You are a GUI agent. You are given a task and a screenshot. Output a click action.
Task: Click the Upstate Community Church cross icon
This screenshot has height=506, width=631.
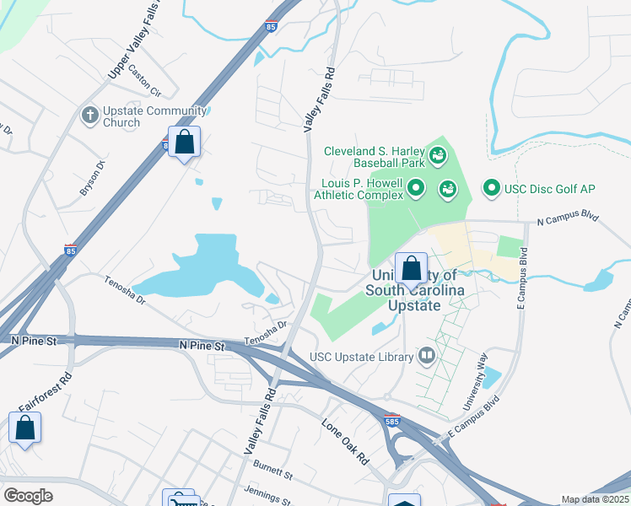(89, 114)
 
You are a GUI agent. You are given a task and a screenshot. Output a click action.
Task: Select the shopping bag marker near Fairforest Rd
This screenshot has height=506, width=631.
(25, 428)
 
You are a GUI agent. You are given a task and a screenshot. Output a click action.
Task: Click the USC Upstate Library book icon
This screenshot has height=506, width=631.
(426, 357)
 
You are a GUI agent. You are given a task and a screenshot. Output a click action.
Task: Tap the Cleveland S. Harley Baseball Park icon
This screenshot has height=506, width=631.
(437, 153)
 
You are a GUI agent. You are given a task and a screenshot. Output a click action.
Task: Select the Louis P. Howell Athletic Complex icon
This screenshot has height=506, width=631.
(415, 187)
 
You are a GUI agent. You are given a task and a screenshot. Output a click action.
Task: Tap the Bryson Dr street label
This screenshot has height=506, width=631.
(91, 178)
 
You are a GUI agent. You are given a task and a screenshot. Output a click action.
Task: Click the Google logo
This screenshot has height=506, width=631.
(28, 495)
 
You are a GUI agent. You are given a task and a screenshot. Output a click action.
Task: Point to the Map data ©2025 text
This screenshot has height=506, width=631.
(595, 499)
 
